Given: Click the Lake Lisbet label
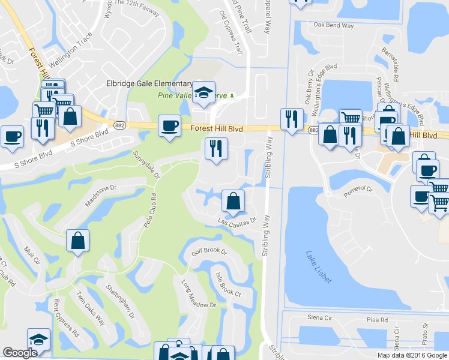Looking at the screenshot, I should pyautogui.click(x=318, y=267).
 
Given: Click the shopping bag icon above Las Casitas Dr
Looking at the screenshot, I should pyautogui.click(x=233, y=202).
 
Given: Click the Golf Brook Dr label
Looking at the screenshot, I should pyautogui.click(x=208, y=251).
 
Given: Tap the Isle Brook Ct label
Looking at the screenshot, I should pyautogui.click(x=228, y=284).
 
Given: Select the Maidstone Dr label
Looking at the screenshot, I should pyautogui.click(x=100, y=196).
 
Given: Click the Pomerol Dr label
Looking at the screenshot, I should pyautogui.click(x=358, y=190).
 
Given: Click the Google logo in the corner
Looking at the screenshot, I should pyautogui.click(x=20, y=353).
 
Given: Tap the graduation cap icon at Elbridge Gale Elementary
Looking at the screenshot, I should pyautogui.click(x=204, y=92).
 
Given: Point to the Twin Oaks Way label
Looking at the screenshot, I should pyautogui.click(x=90, y=308).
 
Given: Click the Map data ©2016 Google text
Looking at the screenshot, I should pyautogui.click(x=412, y=355).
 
